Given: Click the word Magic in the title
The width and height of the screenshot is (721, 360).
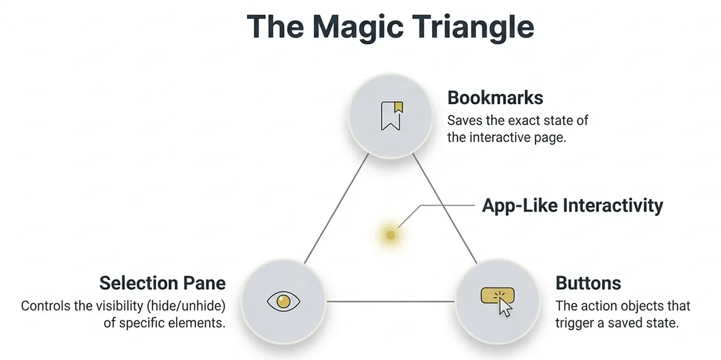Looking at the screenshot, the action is tap(358, 28).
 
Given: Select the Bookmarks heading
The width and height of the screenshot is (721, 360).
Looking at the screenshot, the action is tap(495, 98).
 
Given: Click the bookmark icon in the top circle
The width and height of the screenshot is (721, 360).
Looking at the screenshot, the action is tap(392, 116).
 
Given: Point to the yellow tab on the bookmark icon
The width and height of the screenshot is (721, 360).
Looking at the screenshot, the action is tap(399, 107).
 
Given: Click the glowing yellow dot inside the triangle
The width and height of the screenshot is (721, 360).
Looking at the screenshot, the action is tap(390, 235).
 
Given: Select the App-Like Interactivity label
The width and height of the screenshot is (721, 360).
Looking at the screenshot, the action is tap(572, 205).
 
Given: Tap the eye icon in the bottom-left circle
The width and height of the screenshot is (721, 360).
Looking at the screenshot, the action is tap(284, 302).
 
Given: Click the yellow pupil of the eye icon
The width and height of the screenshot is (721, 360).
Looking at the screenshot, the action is tap(284, 302).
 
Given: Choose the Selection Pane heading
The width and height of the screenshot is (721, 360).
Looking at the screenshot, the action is tap(162, 283).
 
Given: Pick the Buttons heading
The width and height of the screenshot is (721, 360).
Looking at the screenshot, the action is tap(588, 283).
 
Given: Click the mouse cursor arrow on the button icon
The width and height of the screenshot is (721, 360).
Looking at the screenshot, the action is tap(505, 307).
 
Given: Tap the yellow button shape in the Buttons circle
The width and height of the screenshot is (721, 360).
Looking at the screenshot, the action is tap(497, 296).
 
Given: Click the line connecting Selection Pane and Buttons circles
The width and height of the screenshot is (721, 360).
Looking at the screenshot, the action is tap(390, 302).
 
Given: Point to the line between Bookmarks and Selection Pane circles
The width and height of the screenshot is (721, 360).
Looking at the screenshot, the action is tap(337, 208).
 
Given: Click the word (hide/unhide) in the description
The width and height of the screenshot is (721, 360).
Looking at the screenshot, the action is tap(186, 306).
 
